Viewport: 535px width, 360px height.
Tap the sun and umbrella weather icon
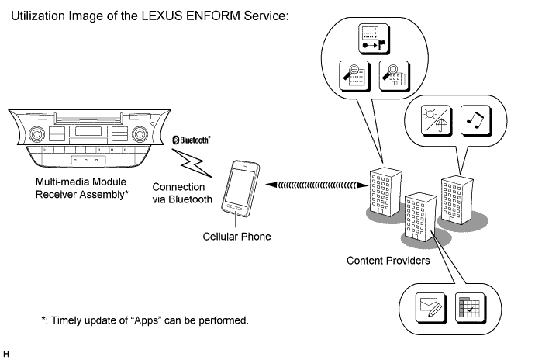(x=433, y=119)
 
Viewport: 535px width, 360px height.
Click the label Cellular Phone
(x=236, y=236)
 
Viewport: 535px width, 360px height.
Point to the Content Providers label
(x=388, y=261)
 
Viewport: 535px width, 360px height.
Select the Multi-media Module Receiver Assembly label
(x=78, y=187)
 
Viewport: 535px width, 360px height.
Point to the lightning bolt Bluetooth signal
(x=192, y=162)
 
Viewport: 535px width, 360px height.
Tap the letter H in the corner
(x=6, y=354)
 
